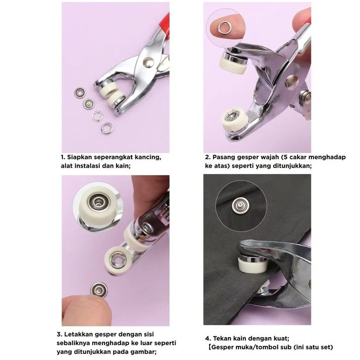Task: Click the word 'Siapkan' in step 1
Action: click(x=79, y=157)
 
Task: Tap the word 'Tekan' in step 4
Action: click(x=222, y=338)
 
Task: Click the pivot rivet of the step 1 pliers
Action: click(x=148, y=62)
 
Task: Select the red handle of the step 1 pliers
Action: click(x=165, y=25)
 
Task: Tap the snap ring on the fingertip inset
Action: click(x=224, y=28)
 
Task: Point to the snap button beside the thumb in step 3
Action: click(x=99, y=290)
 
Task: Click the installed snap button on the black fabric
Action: click(x=240, y=205)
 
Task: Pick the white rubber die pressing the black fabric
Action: click(x=253, y=264)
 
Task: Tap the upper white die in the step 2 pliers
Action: click(x=233, y=65)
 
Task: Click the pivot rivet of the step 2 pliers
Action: click(x=292, y=81)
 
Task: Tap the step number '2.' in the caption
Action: click(x=208, y=157)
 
